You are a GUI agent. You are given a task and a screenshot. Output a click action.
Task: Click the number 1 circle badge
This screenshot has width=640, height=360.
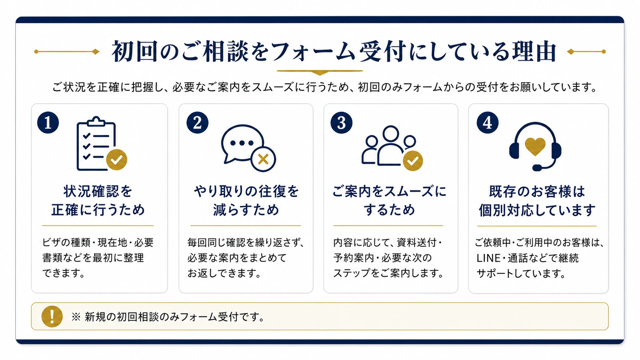point(48,122)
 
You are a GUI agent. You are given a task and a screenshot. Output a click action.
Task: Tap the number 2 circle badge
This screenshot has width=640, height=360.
point(198,122)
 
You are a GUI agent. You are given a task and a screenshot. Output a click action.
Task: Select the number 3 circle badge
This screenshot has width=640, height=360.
point(341,122)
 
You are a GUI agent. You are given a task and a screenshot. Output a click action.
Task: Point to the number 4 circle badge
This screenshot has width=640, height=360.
point(487,122)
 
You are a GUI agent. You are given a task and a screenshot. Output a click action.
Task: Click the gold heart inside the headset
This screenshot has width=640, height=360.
point(536,147)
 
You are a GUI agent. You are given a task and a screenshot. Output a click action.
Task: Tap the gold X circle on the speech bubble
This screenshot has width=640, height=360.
point(263,159)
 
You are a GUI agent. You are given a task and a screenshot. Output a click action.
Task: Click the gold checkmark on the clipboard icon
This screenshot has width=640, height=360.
point(117,160)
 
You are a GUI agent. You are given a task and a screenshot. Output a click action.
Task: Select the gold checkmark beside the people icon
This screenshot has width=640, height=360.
point(413,161)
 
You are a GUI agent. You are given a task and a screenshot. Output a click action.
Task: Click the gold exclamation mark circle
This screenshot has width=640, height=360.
point(52,316)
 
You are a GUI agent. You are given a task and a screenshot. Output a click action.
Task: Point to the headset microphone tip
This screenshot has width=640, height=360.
point(537,168)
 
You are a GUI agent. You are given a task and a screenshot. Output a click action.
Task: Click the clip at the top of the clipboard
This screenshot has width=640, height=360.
point(96,121)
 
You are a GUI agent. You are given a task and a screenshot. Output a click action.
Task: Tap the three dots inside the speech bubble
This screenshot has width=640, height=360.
point(242,143)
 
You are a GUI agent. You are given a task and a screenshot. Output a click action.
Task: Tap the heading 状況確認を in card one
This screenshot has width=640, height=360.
point(98,191)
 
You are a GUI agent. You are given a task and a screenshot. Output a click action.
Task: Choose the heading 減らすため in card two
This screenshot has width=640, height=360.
point(246,210)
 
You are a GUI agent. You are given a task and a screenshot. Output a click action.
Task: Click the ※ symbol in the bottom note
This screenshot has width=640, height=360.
point(76,317)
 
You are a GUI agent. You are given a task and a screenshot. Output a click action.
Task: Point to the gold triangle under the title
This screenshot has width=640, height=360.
point(320,73)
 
